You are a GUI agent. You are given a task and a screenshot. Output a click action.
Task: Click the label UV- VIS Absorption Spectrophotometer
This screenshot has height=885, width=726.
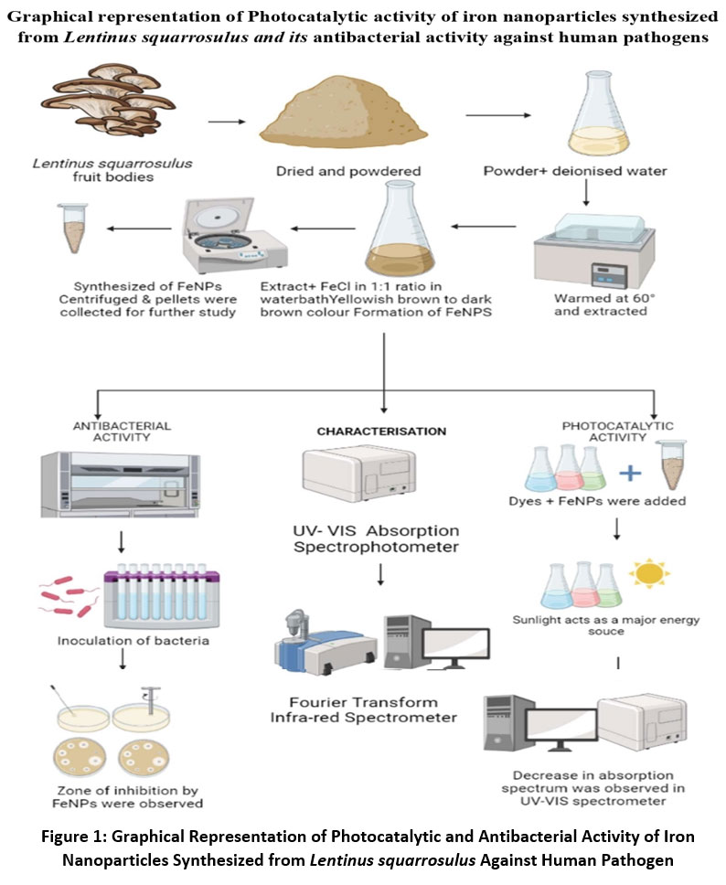(x=381, y=538)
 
